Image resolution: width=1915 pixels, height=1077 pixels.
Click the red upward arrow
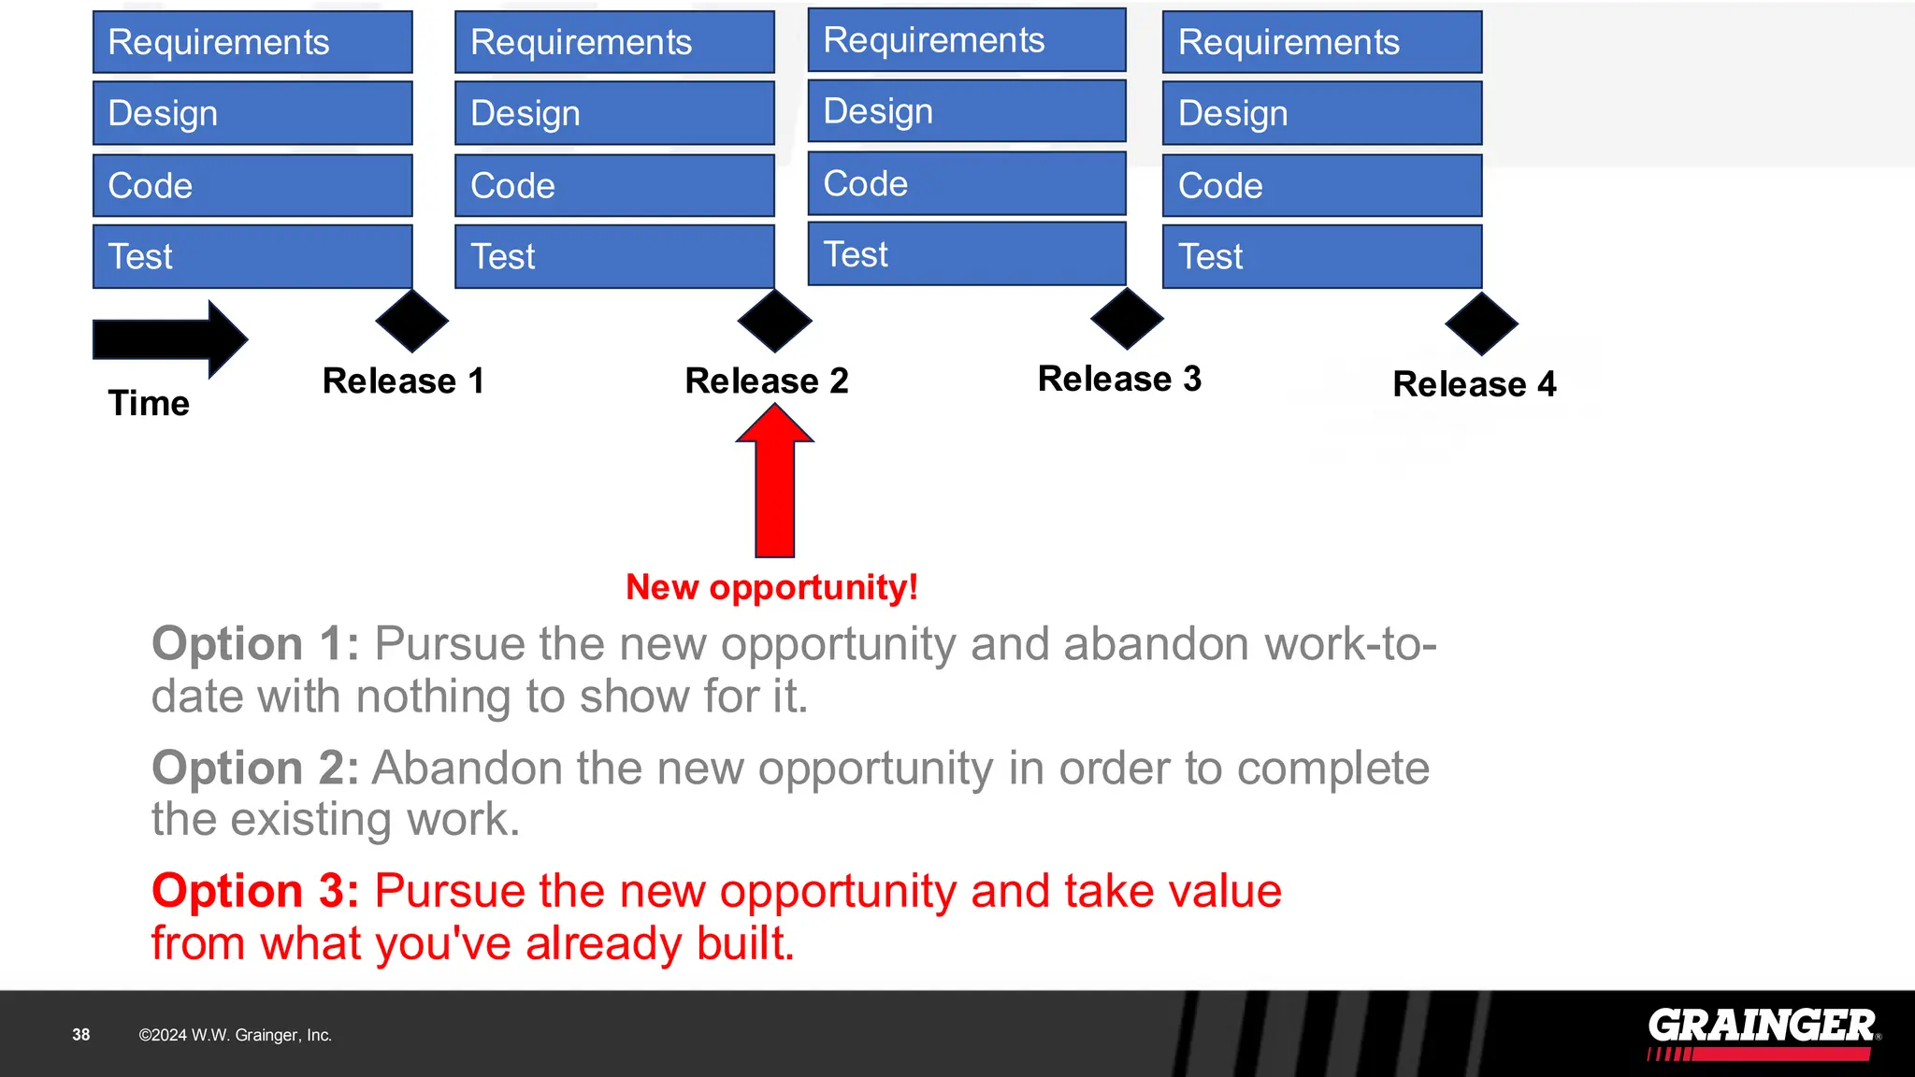point(774,486)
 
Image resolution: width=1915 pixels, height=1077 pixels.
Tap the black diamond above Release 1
point(411,321)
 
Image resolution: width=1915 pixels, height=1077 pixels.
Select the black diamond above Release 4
point(1481,323)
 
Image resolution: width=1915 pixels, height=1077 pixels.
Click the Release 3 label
point(1119,379)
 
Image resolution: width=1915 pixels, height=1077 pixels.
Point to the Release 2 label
point(767,381)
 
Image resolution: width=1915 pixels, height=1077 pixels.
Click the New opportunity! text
point(771,587)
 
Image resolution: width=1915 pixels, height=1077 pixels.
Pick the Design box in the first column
point(252,113)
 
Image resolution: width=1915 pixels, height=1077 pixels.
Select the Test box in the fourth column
point(1321,256)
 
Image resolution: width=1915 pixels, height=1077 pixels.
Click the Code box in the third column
point(967,183)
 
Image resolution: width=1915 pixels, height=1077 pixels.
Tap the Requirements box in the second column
point(614,42)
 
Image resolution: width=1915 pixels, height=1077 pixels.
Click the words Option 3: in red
point(255,890)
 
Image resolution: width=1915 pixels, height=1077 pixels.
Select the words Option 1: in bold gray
point(255,643)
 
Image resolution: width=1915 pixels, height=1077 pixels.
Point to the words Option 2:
point(255,768)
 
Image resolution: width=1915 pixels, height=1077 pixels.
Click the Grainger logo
point(1762,1032)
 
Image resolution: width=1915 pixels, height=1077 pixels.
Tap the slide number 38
point(81,1035)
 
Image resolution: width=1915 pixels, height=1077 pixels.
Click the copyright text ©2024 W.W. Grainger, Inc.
point(235,1035)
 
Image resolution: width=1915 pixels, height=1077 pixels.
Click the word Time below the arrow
point(149,403)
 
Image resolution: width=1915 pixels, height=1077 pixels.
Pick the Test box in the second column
point(614,256)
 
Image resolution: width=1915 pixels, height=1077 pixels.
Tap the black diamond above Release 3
point(1127,319)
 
